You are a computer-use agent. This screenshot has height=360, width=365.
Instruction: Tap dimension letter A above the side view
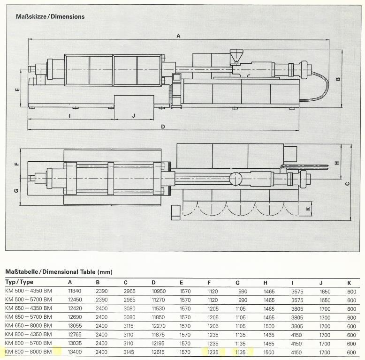[178, 36]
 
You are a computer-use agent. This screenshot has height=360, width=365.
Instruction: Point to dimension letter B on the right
[338, 79]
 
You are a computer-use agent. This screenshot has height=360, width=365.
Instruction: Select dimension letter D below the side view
[163, 127]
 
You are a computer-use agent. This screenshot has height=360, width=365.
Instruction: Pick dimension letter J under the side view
[134, 115]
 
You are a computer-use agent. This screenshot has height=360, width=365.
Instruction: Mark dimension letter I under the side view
[69, 115]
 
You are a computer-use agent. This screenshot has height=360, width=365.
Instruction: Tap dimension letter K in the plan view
[308, 209]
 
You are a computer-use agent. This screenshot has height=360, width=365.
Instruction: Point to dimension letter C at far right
[347, 183]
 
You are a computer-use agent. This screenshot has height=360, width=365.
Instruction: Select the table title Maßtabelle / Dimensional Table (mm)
[59, 272]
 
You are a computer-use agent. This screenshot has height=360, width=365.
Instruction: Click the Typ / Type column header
[19, 282]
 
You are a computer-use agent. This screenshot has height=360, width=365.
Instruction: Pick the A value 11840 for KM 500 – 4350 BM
[75, 291]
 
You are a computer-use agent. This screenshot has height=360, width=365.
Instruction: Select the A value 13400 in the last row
[75, 352]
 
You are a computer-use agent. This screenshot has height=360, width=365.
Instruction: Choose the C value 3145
[130, 352]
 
